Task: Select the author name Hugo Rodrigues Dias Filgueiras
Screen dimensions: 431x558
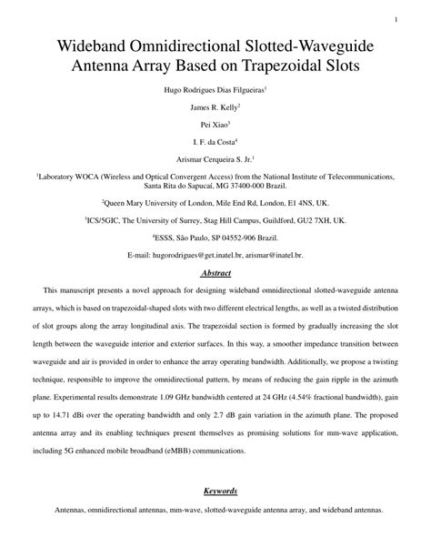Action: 214,92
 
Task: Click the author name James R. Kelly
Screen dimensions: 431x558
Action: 215,107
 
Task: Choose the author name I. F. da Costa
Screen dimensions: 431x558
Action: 215,141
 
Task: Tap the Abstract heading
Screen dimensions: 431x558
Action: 215,272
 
